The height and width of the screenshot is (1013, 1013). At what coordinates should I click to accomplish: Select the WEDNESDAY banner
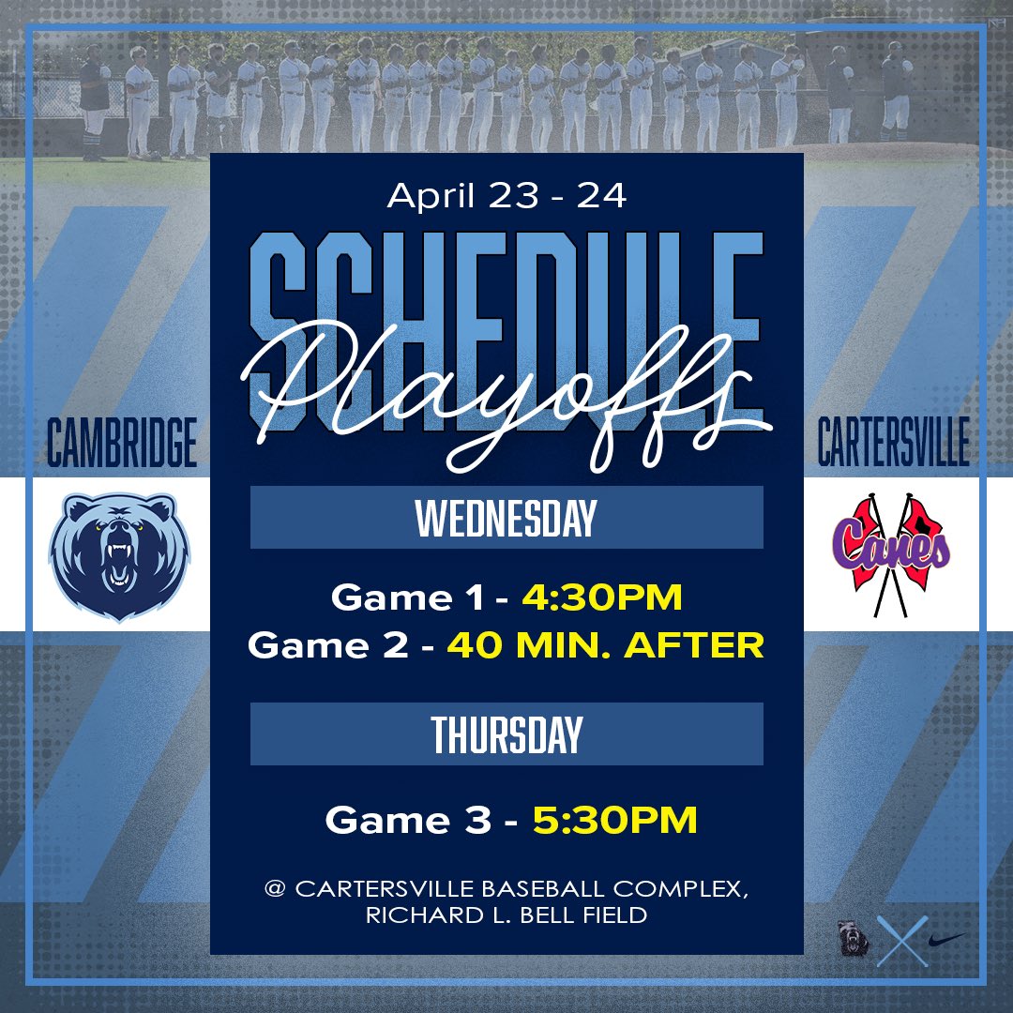(x=506, y=517)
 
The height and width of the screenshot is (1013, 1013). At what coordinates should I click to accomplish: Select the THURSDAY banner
(x=506, y=733)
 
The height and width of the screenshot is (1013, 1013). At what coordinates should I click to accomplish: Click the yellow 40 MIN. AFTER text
(x=605, y=645)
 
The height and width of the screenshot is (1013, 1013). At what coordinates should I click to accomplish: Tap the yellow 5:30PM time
(x=615, y=820)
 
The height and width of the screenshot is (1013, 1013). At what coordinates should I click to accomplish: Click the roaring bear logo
(x=119, y=555)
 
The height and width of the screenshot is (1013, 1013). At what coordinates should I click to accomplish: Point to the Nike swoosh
(x=945, y=938)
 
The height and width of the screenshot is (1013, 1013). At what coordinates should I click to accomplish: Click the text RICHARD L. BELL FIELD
(x=506, y=915)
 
